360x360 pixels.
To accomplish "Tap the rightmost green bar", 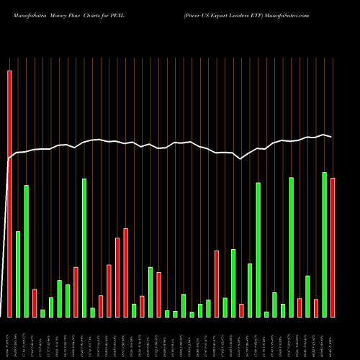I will [x=325, y=245].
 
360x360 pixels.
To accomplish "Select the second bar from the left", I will [x=18, y=274].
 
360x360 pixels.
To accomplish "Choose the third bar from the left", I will [x=27, y=251].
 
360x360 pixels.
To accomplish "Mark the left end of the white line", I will [x=7, y=159].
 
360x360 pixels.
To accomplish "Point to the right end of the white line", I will [x=332, y=137].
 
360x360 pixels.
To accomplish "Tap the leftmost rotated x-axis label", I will [x=9, y=338].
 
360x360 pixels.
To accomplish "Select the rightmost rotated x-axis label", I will [x=333, y=338].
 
